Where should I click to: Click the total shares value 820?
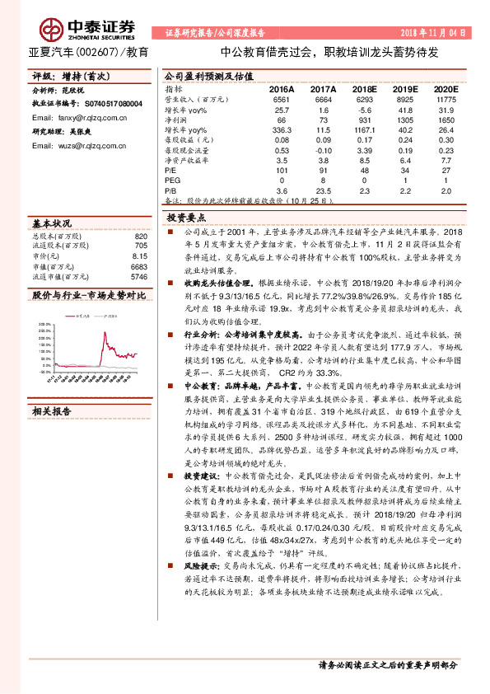click(x=140, y=237)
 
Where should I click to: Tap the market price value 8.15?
click(x=139, y=256)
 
